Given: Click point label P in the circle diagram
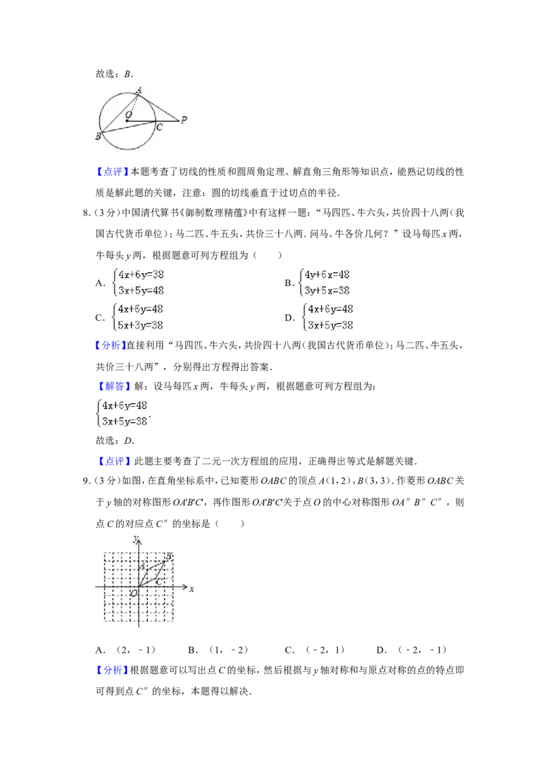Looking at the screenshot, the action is tap(184, 120).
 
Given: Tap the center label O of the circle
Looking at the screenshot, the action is tap(129, 114).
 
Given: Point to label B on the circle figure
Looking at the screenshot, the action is tap(98, 136).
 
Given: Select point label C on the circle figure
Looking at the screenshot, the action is tap(159, 127).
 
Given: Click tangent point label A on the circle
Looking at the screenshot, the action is tap(139, 90).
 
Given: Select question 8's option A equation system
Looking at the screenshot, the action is tap(139, 283).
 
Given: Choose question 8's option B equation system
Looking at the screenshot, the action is tap(325, 283).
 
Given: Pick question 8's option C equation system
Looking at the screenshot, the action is tap(138, 317).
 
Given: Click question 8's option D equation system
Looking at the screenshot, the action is tap(328, 317).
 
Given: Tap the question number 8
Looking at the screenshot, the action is tap(85, 213).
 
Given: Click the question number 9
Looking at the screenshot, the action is tap(85, 481).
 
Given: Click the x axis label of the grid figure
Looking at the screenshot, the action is tap(191, 589).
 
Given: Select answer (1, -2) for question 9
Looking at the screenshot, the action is tap(228, 650).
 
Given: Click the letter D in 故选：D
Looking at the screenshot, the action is tap(128, 440).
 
